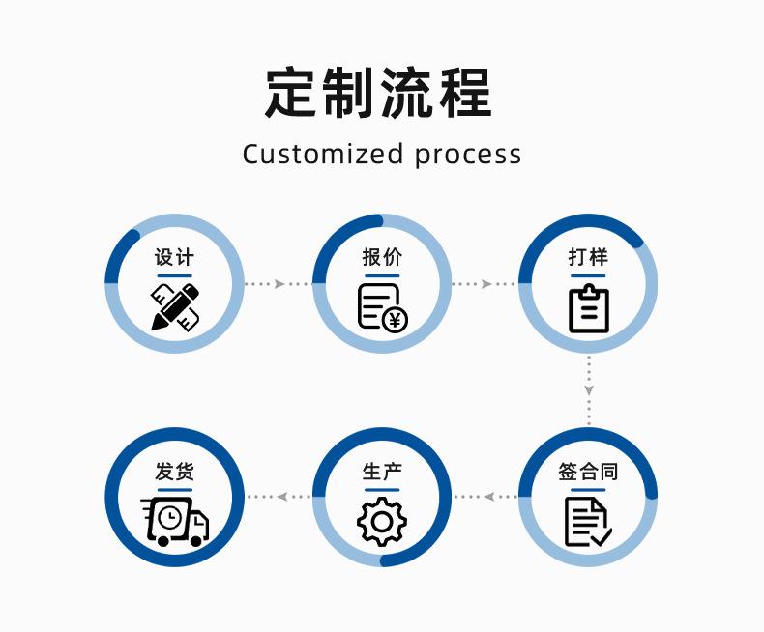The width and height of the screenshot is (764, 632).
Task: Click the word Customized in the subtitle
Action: pos(323,155)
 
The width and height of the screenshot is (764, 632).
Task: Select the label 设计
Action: pos(174,257)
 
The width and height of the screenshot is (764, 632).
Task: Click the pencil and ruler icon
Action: pos(175,306)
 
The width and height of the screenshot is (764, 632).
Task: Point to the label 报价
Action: pos(382,257)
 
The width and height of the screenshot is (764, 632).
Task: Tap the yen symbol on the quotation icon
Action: pos(395,319)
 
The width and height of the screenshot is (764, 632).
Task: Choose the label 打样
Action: pos(588,257)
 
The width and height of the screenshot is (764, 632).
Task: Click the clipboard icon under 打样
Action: pos(588,308)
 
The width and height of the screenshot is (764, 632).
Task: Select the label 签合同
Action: pos(588,473)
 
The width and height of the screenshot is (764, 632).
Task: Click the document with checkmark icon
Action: pos(587,522)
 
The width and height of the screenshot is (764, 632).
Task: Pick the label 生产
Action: pos(382,473)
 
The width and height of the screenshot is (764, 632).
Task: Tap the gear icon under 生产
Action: pos(382,522)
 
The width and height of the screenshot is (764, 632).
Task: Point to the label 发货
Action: pos(174,473)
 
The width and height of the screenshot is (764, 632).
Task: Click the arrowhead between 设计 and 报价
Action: pos(279,284)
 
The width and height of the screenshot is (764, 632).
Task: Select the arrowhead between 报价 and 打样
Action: pos(486,284)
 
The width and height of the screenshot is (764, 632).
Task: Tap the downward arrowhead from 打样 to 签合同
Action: pos(589,390)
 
